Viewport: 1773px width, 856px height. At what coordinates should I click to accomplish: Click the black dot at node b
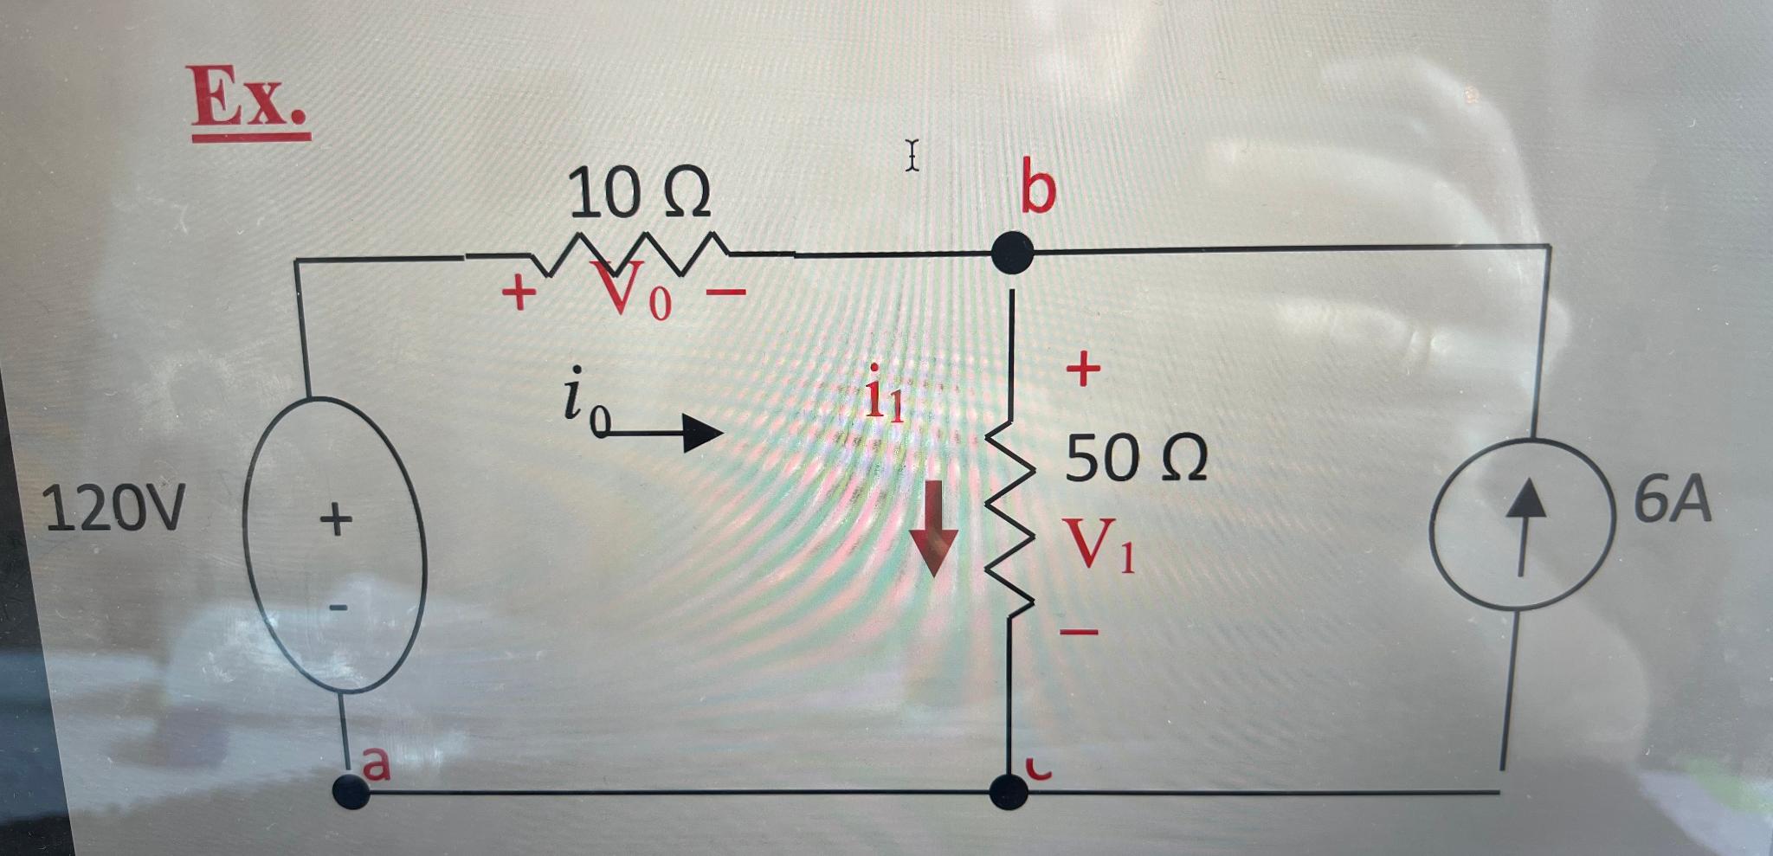tap(1011, 253)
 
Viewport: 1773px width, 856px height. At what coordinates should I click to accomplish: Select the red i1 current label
tap(885, 400)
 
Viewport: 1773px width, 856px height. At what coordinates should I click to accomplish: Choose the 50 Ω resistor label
tap(1135, 459)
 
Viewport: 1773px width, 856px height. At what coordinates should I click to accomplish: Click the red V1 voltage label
tap(1100, 546)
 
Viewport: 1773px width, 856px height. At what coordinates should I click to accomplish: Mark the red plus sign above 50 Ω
tap(1082, 370)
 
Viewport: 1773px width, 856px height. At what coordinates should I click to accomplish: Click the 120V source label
tap(113, 508)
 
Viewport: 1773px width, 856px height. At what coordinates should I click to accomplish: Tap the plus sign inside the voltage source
tap(336, 520)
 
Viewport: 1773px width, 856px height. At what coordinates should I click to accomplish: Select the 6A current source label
tap(1673, 501)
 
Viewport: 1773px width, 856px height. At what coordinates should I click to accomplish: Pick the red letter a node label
tap(377, 763)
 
